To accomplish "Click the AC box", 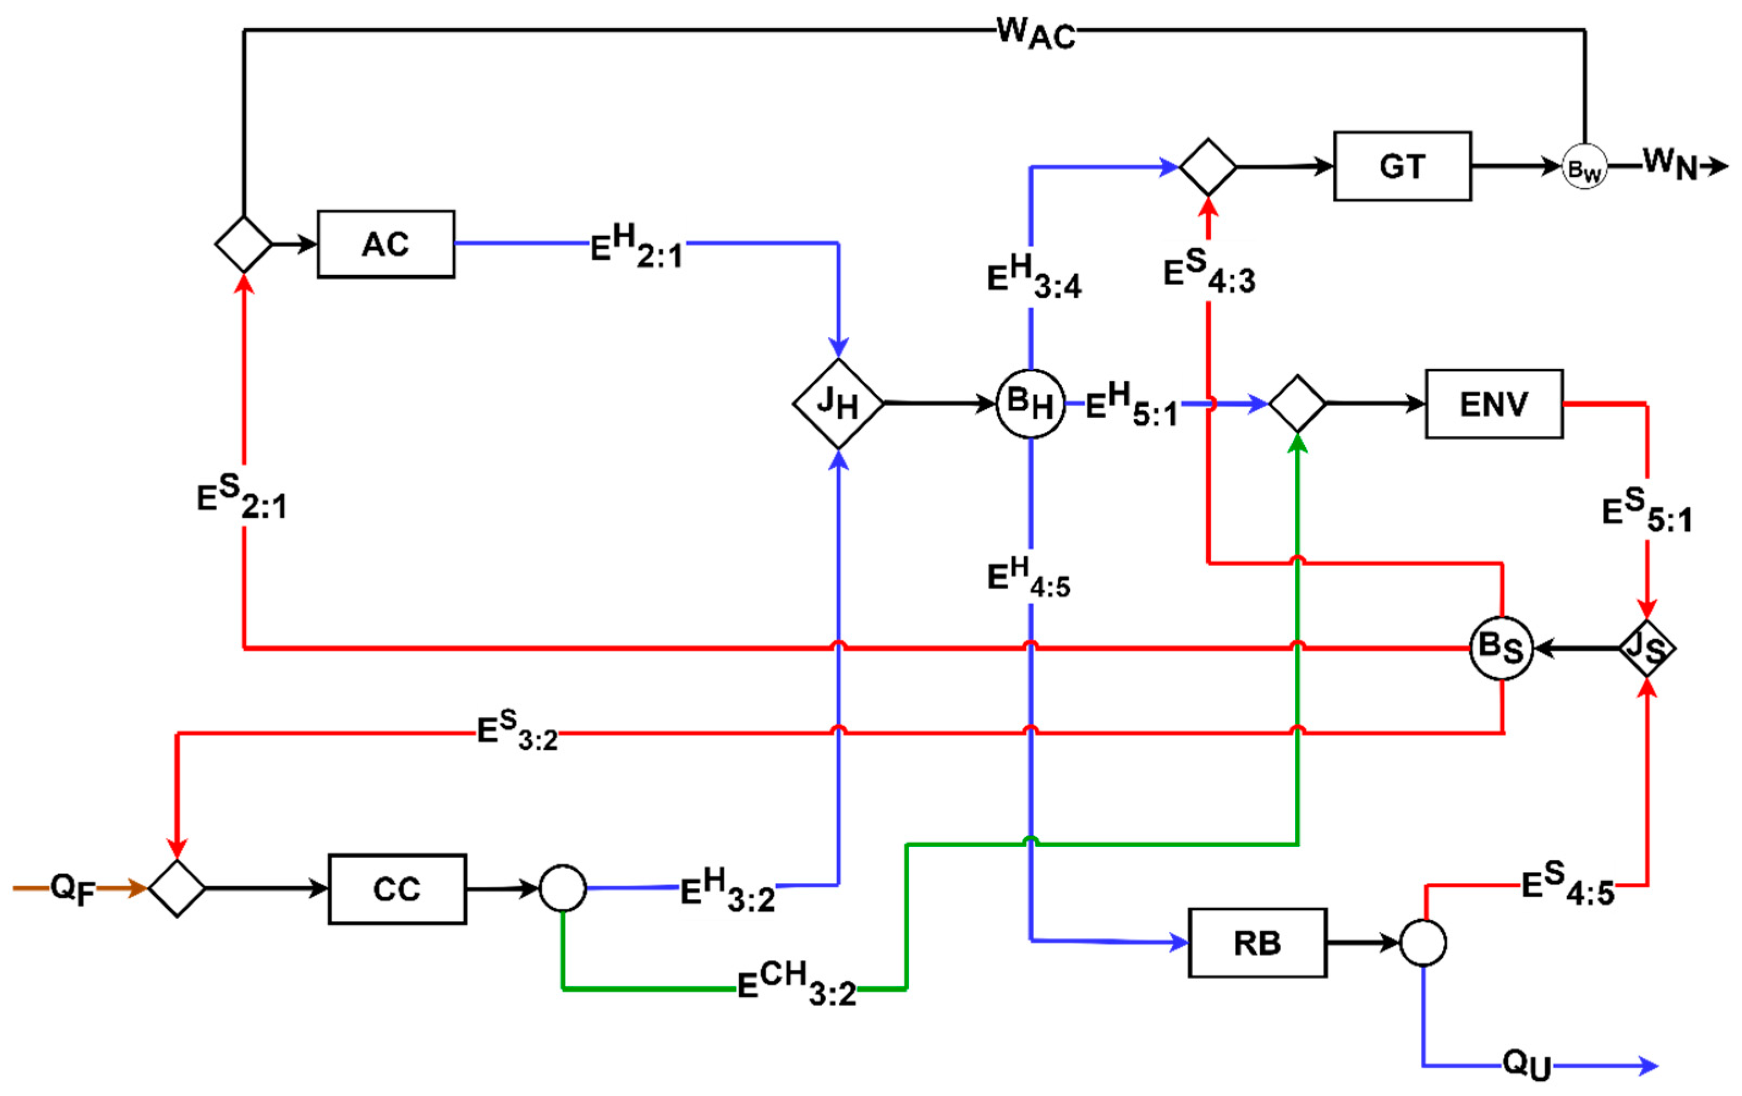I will point(386,244).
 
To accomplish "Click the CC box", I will point(396,888).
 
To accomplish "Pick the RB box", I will point(1257,943).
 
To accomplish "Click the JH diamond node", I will point(838,403).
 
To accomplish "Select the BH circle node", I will point(1030,403).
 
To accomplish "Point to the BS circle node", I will point(1501,647).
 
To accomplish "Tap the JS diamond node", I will point(1646,647).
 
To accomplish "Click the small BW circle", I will point(1584,167).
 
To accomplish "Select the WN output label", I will point(1670,164).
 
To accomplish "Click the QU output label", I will point(1527,1066).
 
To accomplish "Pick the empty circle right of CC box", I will point(562,888).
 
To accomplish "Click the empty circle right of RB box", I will point(1423,943).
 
